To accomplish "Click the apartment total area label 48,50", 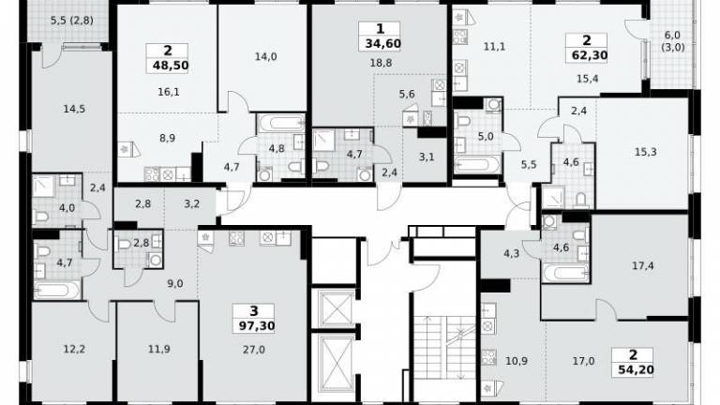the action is [x=171, y=66].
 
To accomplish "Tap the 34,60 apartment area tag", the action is [x=382, y=44].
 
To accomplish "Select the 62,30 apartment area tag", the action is [x=590, y=55].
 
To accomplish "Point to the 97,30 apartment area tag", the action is [x=257, y=326].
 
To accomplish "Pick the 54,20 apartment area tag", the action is [x=636, y=369].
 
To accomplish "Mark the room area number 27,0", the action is [x=254, y=350].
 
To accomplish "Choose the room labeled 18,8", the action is [x=382, y=63].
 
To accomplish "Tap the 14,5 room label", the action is [x=74, y=110].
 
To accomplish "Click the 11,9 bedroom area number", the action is [x=158, y=350].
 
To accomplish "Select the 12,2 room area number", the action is [x=74, y=350].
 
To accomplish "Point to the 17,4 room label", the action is [x=643, y=265].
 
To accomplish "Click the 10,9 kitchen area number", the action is [x=517, y=361].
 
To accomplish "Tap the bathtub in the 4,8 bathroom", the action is [x=281, y=123].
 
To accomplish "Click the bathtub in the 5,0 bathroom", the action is [x=477, y=164].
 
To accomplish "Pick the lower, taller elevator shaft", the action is [x=337, y=364].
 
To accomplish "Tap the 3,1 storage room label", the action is [x=427, y=157].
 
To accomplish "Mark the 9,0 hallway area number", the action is [x=175, y=284].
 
